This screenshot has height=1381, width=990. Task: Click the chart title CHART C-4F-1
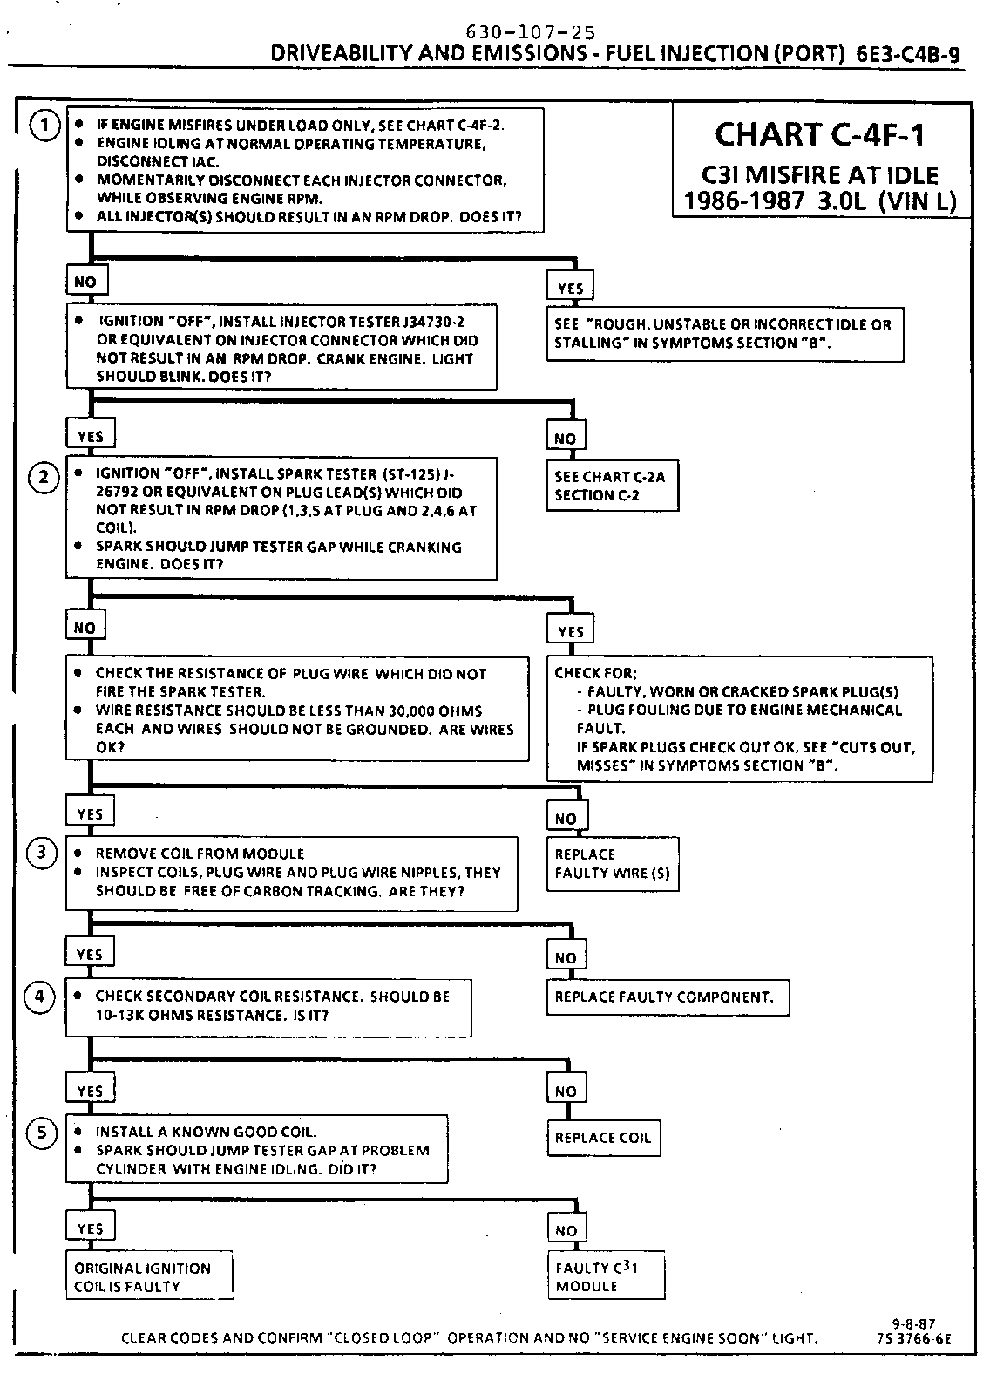819,135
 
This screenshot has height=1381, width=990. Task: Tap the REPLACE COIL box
603,1138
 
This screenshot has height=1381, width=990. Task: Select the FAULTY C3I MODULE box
605,1276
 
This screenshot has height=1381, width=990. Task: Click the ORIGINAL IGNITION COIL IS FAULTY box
149,1277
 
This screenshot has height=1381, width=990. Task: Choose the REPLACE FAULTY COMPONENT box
668,997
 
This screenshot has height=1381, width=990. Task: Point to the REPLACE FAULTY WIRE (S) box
613,863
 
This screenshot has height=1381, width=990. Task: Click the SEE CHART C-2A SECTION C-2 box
613,486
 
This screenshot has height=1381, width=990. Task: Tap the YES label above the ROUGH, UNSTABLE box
570,289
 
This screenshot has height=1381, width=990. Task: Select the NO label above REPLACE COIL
566,1091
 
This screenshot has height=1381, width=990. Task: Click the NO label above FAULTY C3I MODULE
566,1230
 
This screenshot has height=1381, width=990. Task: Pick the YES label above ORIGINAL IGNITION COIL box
90,1228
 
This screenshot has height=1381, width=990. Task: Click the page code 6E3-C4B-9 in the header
907,54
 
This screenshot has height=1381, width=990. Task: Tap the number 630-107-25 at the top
532,32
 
